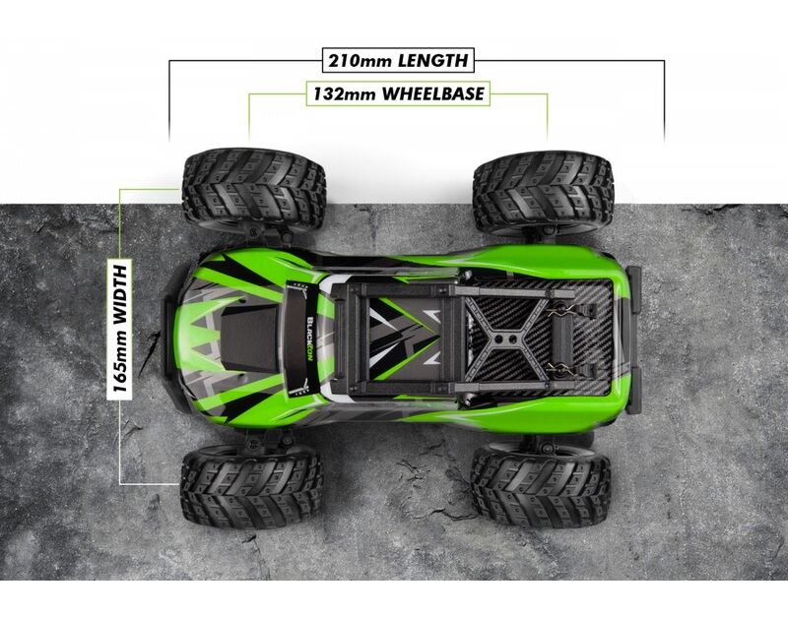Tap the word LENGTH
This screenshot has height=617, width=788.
tap(433, 61)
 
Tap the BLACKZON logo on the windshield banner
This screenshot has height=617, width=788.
tap(310, 337)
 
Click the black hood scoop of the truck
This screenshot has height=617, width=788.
tap(250, 339)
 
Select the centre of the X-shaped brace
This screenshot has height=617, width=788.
tap(505, 339)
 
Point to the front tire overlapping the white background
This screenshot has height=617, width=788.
tap(254, 189)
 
